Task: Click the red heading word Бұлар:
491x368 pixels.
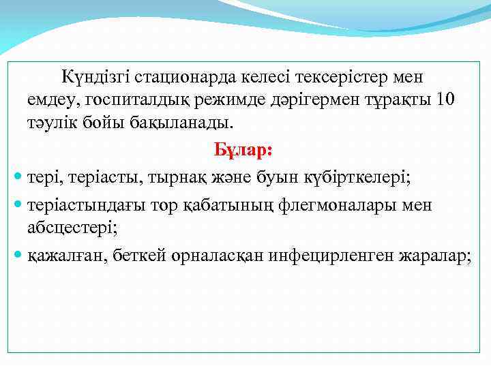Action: (243, 149)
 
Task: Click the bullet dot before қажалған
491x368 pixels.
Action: (18, 257)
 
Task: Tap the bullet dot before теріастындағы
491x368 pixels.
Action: (18, 205)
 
